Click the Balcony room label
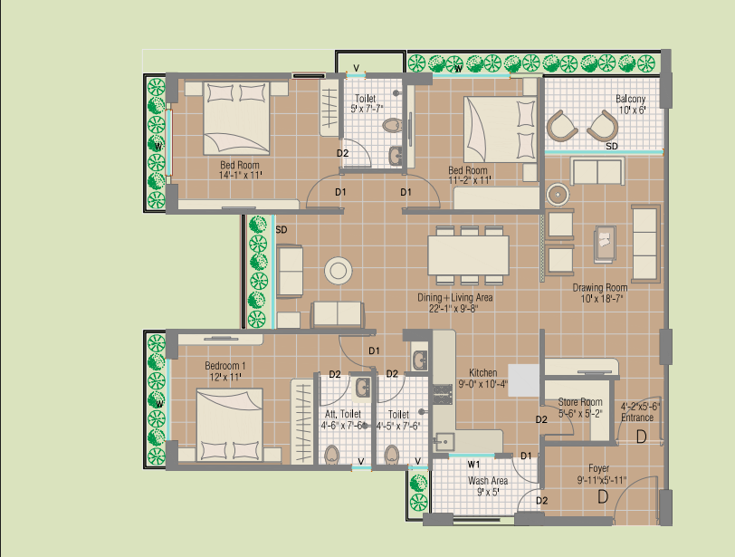[630, 99]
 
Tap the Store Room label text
[580, 402]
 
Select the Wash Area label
[488, 481]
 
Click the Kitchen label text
[482, 373]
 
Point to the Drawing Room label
[600, 287]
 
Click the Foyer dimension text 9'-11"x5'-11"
[602, 480]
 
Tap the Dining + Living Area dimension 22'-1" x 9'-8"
[453, 309]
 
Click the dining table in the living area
[468, 255]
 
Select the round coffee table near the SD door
[338, 271]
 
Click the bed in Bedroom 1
[229, 425]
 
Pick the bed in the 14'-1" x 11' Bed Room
[236, 118]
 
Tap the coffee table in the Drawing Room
[606, 244]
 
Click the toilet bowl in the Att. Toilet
[332, 455]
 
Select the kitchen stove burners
[442, 395]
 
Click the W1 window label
[473, 465]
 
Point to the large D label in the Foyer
[603, 496]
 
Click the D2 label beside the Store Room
[541, 419]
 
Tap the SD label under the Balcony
[612, 147]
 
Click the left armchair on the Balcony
[561, 126]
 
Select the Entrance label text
[637, 418]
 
